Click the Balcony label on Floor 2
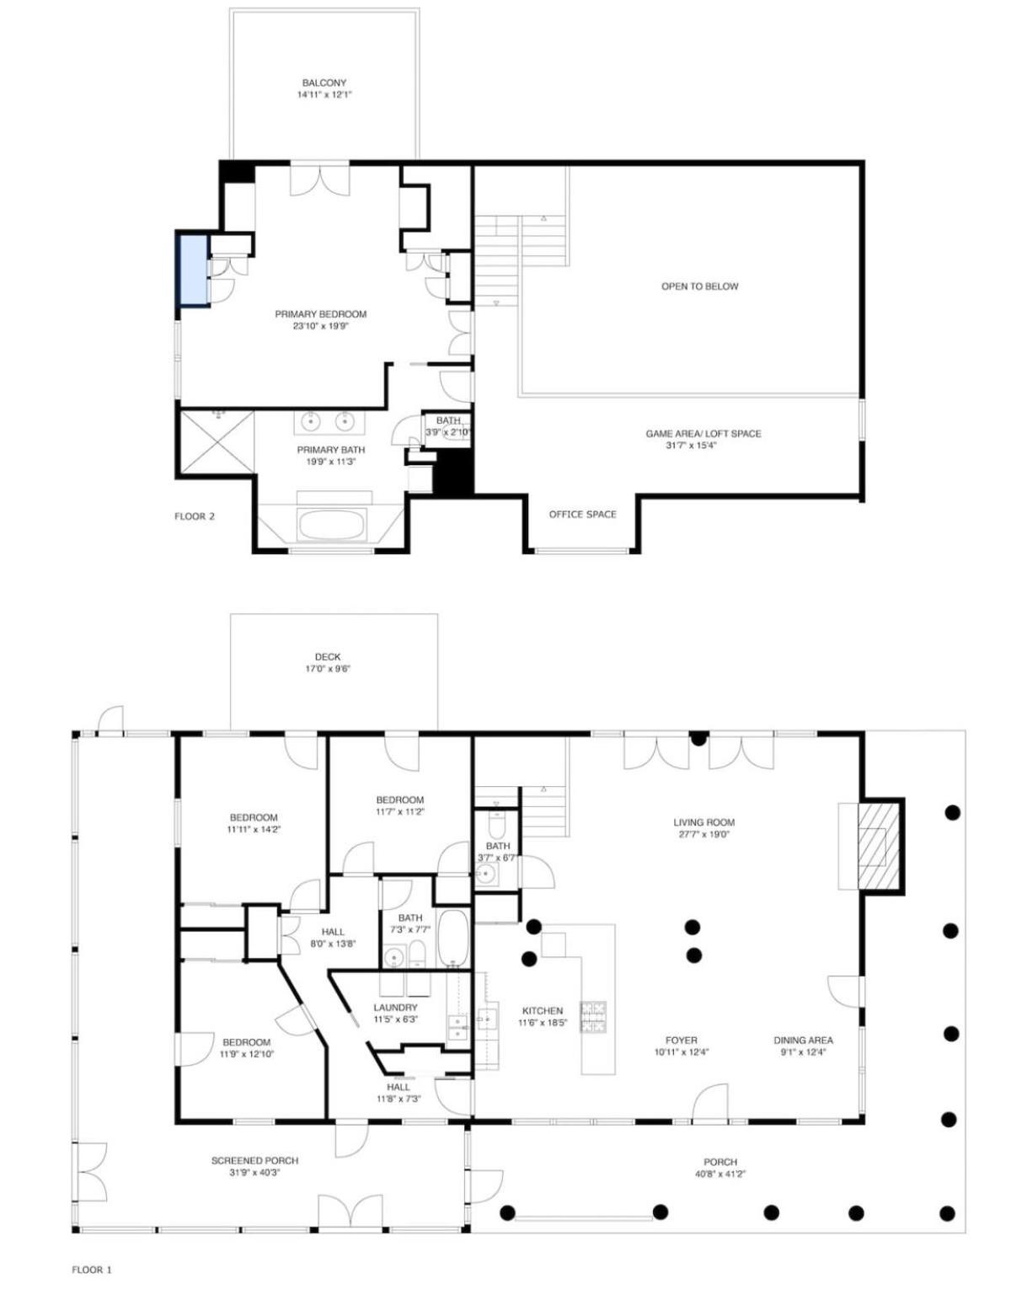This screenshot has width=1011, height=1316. pyautogui.click(x=324, y=83)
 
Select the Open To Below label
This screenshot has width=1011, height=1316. pyautogui.click(x=699, y=286)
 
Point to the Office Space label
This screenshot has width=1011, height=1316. pyautogui.click(x=582, y=514)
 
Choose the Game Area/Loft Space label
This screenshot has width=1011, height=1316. pyautogui.click(x=703, y=434)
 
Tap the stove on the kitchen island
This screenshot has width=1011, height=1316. pyautogui.click(x=592, y=1018)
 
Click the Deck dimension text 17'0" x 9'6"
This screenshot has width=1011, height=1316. pyautogui.click(x=327, y=669)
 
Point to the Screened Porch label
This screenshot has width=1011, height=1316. pyautogui.click(x=254, y=1160)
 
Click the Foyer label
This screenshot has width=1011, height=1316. pyautogui.click(x=681, y=1040)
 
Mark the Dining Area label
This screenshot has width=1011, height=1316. pyautogui.click(x=803, y=1040)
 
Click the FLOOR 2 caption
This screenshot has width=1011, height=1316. pyautogui.click(x=195, y=516)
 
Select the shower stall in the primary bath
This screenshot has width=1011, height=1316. pyautogui.click(x=216, y=444)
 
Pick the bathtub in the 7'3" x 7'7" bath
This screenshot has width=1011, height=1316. pyautogui.click(x=452, y=937)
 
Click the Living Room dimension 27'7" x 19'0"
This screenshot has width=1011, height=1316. pyautogui.click(x=703, y=834)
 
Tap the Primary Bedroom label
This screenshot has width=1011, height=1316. pyautogui.click(x=321, y=313)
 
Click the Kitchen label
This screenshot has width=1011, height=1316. pyautogui.click(x=543, y=1011)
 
